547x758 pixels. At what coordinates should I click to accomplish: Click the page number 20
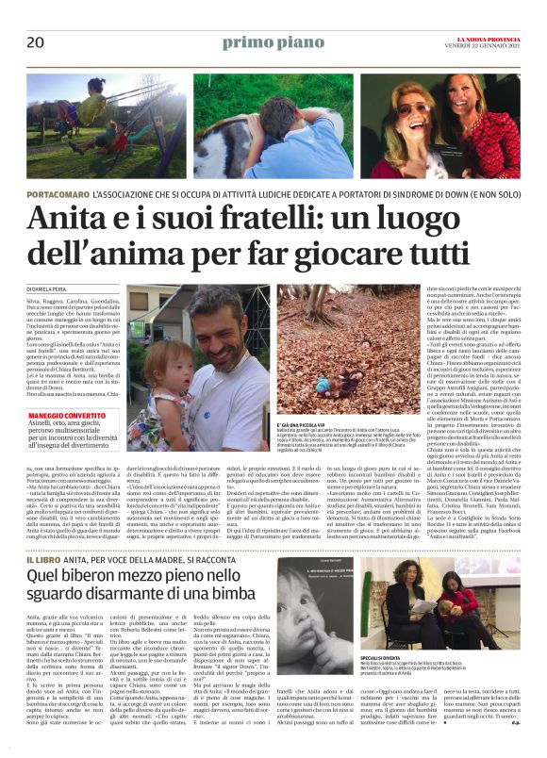36,42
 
